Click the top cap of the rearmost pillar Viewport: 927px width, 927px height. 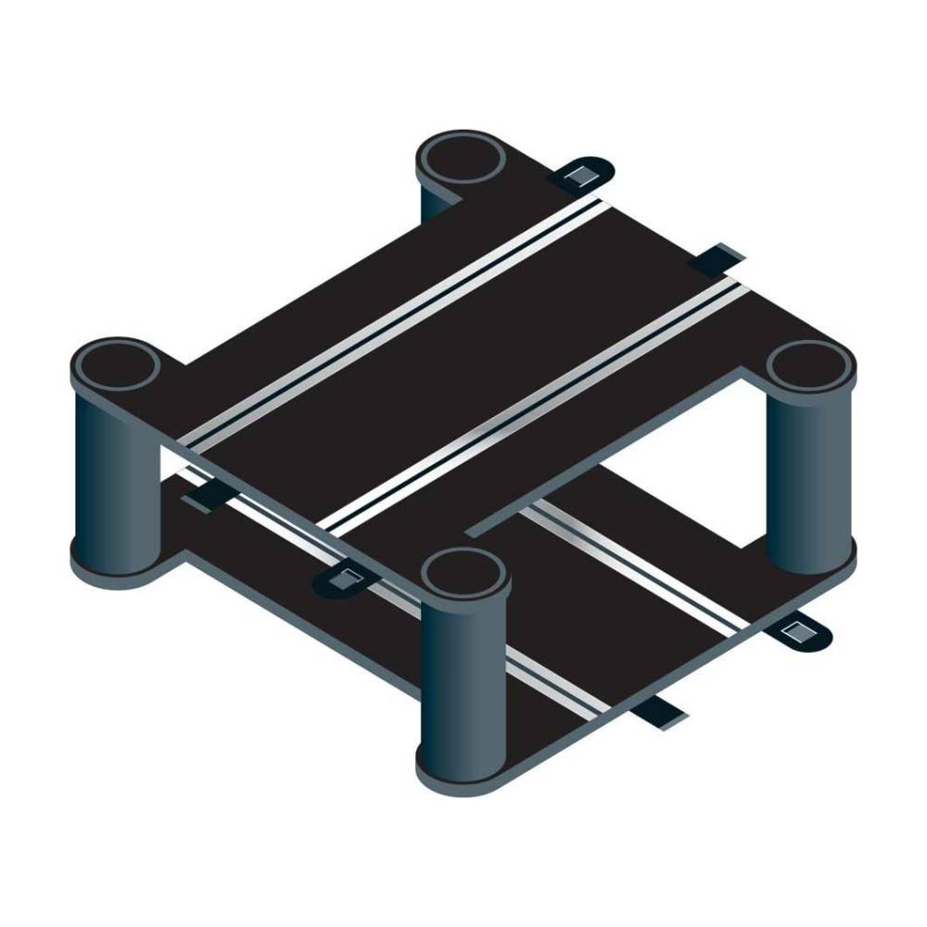tap(462, 159)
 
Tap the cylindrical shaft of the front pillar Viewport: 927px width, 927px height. tap(463, 677)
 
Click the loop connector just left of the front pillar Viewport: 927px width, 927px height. tap(345, 581)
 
